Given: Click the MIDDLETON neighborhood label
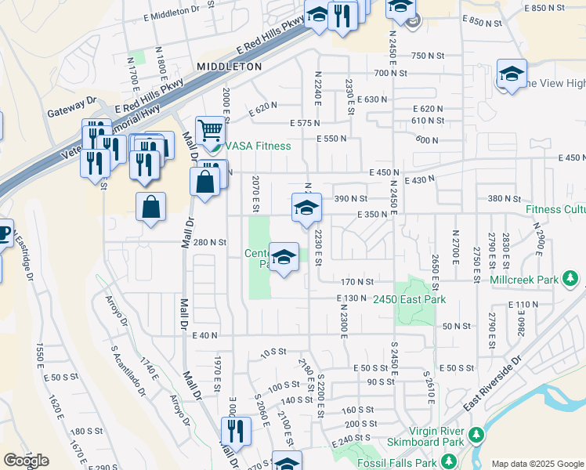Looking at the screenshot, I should coord(230,67).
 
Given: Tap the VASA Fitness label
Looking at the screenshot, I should coord(258,146).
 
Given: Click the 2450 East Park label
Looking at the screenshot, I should coord(409,300).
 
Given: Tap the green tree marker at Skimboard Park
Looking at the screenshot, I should coord(475,435).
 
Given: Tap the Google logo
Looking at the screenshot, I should coord(26,461).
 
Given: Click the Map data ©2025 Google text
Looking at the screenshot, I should coord(537,464).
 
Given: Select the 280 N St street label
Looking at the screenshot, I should coord(210,243).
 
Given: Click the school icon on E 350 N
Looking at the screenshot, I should coord(306,208).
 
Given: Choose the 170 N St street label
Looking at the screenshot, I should coord(356,281).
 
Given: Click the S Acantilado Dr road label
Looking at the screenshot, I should coord(128,369).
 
